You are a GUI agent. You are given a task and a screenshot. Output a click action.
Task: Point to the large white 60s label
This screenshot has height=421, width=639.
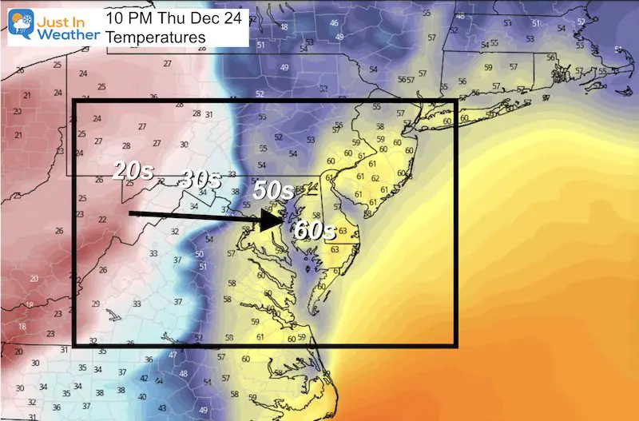pos(312,231)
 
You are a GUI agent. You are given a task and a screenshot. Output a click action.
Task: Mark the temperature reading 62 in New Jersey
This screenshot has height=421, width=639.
pos(375,178)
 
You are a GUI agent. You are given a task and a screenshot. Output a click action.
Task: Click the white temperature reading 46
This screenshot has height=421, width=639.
pos(334,23)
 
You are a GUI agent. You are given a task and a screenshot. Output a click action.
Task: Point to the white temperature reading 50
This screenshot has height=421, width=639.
pos(200,254)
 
